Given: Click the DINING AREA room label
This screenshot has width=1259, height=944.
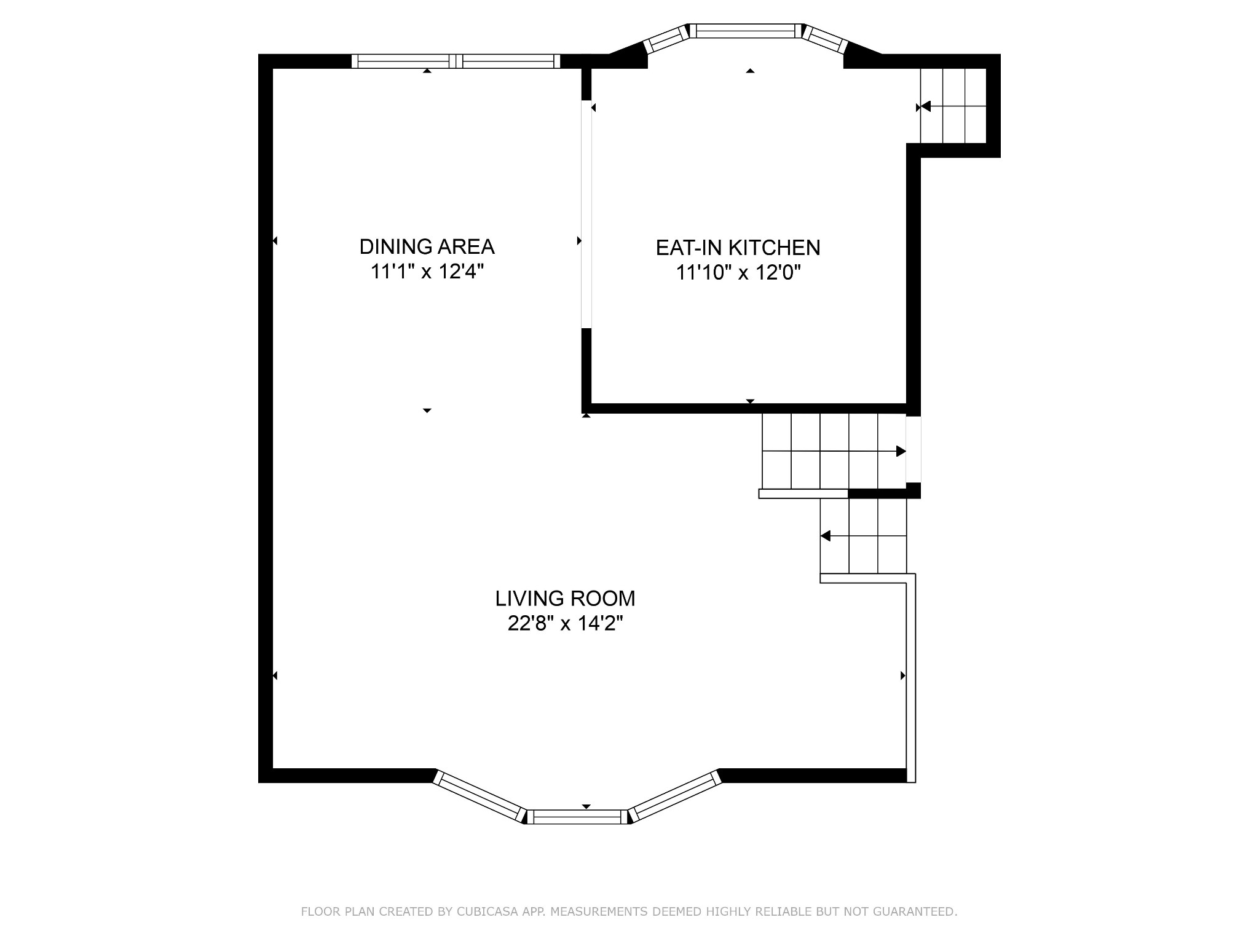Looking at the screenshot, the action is click(427, 246).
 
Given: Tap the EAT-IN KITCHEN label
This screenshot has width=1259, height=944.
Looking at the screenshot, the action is click(738, 248).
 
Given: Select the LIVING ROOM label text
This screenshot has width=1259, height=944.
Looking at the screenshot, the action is click(565, 598).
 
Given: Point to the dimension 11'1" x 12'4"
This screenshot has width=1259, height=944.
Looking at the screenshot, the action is click(427, 271).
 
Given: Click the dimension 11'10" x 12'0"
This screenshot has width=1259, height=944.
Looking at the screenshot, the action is click(738, 272).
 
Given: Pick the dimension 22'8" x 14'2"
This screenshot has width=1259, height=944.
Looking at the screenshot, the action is click(565, 623).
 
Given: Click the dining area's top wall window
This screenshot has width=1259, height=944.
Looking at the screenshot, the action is click(456, 61).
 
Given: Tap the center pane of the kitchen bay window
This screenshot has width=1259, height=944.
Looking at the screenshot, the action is click(745, 31).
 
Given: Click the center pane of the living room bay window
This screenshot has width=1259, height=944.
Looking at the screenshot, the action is click(577, 816).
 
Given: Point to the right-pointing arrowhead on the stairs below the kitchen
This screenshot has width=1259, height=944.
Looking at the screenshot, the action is click(901, 451).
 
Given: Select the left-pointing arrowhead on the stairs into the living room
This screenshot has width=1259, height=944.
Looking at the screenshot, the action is click(826, 536).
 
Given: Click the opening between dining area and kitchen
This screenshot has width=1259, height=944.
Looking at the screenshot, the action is click(586, 214).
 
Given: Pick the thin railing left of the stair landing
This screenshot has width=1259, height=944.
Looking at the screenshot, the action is click(803, 494).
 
